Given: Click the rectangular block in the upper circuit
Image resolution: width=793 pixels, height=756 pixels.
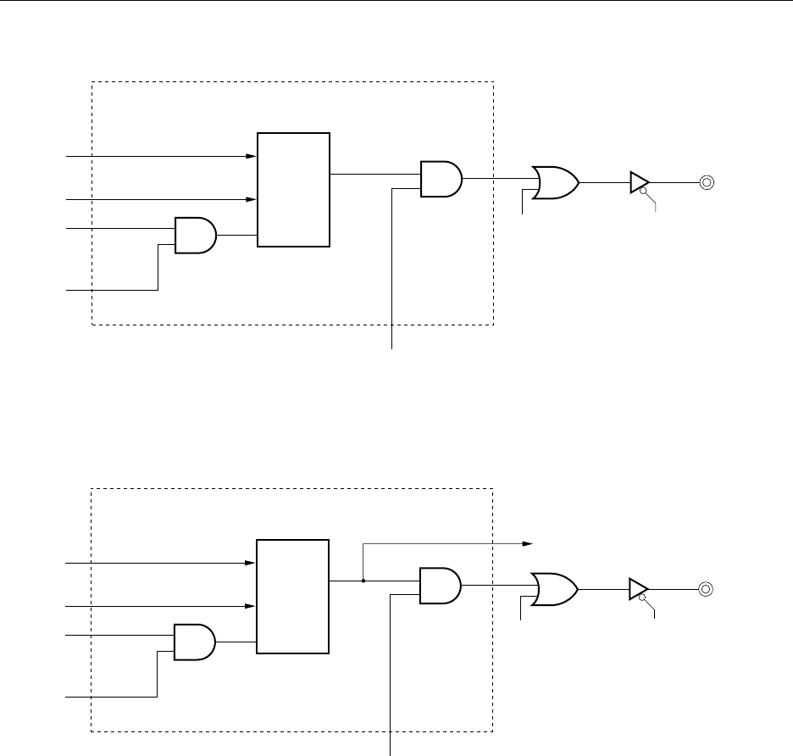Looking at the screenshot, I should [293, 190].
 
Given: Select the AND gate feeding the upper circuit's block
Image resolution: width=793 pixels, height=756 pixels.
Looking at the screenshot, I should [195, 235].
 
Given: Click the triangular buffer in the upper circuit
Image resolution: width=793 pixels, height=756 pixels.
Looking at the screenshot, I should [639, 181].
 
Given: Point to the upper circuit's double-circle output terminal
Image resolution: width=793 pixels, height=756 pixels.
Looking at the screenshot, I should [706, 181].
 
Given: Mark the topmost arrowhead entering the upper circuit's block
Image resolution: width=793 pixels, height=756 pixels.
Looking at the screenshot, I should [252, 157].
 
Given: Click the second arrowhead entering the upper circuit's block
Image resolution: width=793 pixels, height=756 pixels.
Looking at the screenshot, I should [252, 200].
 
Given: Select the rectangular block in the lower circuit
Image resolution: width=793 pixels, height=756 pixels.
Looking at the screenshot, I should [293, 596].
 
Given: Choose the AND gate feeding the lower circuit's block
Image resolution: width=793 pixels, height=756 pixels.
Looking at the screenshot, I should [194, 642].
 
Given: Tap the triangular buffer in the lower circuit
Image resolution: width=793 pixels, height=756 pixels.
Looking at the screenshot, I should [639, 588].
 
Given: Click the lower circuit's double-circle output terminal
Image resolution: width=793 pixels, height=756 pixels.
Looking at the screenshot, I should [706, 588].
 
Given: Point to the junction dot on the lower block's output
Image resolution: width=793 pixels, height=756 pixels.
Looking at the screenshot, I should [363, 581].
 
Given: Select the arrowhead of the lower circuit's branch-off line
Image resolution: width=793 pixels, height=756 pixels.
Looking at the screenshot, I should [527, 543].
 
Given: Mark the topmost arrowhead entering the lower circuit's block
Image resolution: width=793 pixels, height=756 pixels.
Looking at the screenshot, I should [252, 563].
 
